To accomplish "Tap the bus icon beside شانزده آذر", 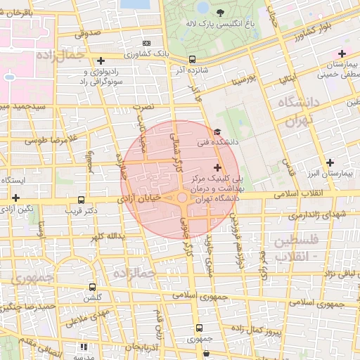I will tap(191, 60).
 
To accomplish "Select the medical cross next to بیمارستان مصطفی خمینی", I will tap(342, 53).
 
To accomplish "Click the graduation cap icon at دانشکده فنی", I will tap(217, 132).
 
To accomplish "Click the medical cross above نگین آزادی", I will tap(15, 199).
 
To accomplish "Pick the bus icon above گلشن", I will tap(92, 287).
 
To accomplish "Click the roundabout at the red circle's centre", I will tap(182, 198).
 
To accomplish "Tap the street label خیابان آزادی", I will tap(141, 200).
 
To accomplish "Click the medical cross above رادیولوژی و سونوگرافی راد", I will tap(102, 60).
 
